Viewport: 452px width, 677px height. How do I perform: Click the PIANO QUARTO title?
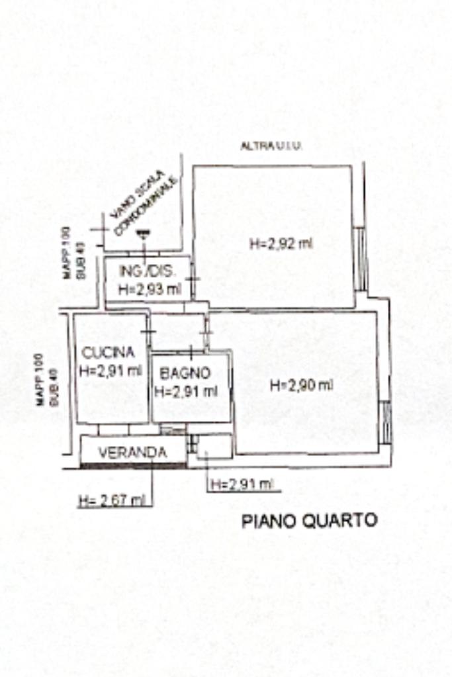coord(309,521)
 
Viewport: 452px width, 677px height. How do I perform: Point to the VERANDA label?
coord(132,453)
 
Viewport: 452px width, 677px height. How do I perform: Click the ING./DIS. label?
coord(147,271)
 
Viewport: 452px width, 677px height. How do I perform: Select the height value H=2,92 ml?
coord(281,244)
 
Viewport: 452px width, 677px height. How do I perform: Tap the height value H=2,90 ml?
coord(301,385)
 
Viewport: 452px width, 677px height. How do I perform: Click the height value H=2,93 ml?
coord(149,289)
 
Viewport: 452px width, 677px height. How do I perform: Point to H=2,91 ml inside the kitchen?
coord(111,371)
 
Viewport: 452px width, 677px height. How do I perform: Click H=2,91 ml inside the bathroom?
coord(185,391)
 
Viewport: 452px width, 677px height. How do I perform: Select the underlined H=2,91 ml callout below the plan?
coord(242,485)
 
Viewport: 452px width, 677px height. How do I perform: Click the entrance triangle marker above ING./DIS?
coord(143,234)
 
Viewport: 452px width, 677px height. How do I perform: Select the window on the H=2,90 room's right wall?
coord(385,422)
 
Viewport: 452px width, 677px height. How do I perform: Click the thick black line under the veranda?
coord(132,466)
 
